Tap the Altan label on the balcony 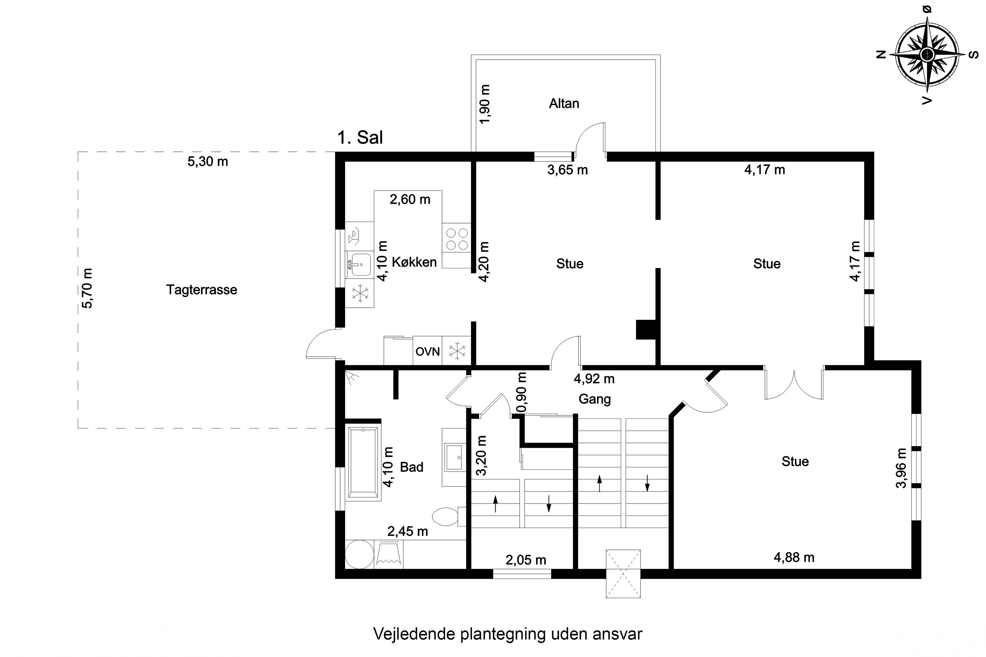[564, 103]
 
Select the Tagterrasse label [202, 289]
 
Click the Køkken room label [414, 262]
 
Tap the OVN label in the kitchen [428, 351]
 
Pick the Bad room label [412, 467]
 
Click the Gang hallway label [595, 399]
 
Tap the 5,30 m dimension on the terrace [207, 161]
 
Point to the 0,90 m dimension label [522, 392]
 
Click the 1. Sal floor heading [360, 137]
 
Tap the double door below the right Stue [794, 383]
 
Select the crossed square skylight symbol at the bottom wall [623, 573]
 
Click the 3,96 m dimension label [901, 468]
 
